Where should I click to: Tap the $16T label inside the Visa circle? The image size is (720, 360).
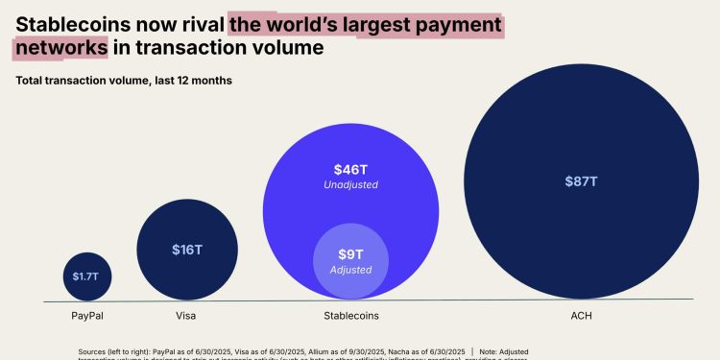(187, 250)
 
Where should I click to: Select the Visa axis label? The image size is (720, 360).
(187, 315)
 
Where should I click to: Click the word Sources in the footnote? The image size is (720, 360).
(94, 352)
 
